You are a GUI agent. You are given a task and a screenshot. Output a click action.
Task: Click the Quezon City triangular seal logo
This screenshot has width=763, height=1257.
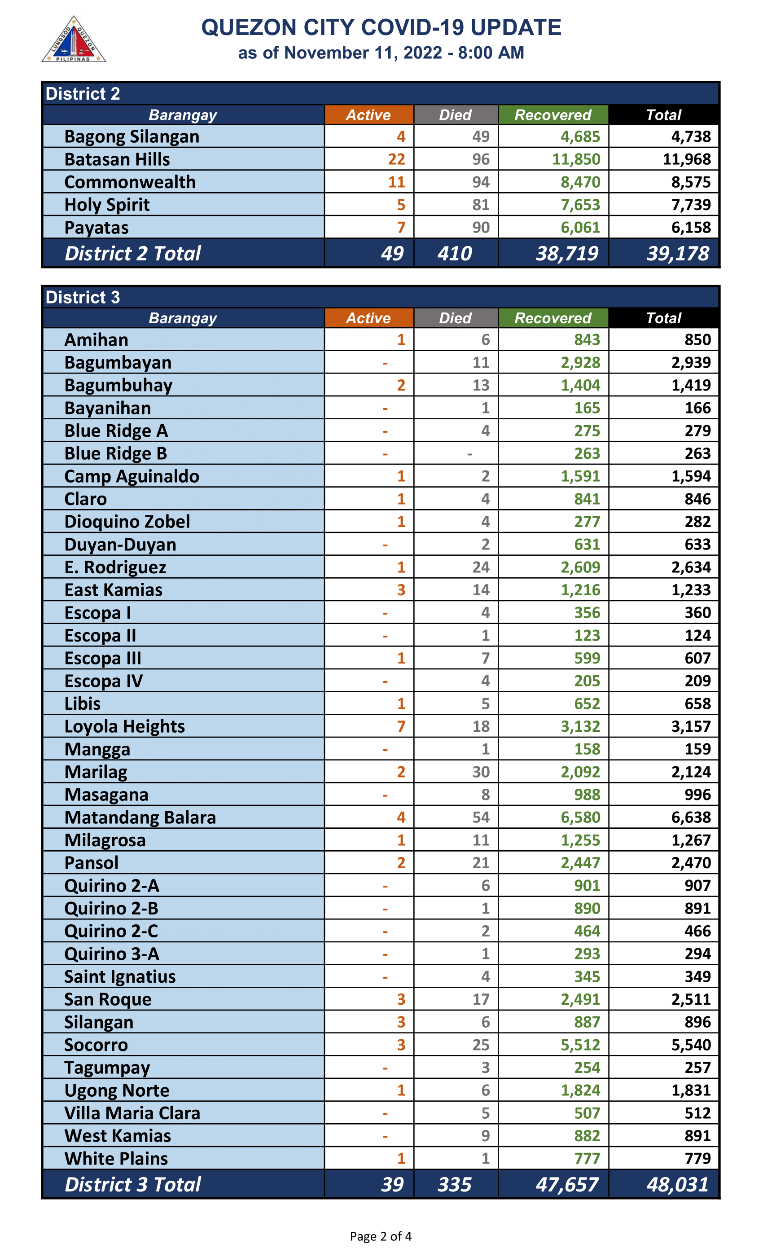click(x=74, y=40)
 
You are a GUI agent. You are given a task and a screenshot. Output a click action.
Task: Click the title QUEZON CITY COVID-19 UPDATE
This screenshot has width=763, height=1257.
click(x=381, y=27)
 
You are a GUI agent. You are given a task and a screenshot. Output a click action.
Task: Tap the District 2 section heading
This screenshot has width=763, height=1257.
click(x=83, y=94)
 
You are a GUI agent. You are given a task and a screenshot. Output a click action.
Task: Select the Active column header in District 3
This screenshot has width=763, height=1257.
click(x=368, y=318)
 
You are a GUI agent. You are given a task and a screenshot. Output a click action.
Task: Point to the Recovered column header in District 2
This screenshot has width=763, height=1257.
click(x=553, y=115)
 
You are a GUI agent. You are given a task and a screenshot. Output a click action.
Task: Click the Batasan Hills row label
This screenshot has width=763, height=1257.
click(x=117, y=160)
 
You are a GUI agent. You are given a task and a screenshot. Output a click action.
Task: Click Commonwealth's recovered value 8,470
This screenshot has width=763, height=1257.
click(x=580, y=182)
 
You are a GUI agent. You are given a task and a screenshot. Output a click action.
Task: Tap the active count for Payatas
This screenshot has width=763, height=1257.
click(x=401, y=228)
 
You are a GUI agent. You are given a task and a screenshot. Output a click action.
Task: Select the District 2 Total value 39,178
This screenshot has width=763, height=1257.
click(x=677, y=254)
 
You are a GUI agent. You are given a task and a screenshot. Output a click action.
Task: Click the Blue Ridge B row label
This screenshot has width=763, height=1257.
click(x=116, y=453)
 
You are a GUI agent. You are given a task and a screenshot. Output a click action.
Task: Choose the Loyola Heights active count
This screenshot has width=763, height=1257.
click(x=401, y=726)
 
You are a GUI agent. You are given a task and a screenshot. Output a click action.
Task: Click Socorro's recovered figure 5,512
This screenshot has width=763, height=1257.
click(x=580, y=1045)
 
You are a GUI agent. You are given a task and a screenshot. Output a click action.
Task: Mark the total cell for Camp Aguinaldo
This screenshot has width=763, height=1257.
click(x=691, y=476)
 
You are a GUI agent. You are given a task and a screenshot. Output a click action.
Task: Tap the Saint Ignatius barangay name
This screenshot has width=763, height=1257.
click(x=120, y=976)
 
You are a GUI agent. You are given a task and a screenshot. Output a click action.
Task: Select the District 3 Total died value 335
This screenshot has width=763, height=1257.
click(x=454, y=1185)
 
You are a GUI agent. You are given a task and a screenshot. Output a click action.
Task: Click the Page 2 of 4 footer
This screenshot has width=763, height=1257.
click(x=381, y=1236)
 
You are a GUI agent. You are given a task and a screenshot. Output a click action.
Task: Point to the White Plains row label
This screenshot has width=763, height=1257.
click(x=116, y=1159)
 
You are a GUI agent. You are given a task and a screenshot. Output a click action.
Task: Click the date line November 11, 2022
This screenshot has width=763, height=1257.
click(x=381, y=53)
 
